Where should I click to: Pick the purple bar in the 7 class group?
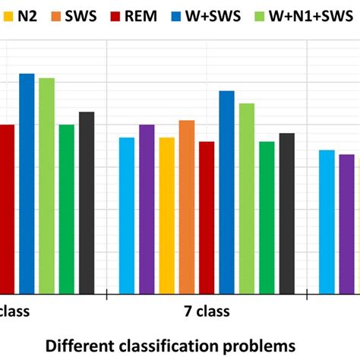tap(147, 209)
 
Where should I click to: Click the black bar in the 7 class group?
tap(286, 213)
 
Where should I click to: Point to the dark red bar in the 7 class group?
tap(207, 217)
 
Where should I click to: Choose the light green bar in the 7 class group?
tap(247, 197)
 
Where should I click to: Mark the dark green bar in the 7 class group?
tap(267, 217)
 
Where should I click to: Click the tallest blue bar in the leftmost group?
tap(27, 183)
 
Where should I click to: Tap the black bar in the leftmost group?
tap(87, 202)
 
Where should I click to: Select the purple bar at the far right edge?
tap(346, 223)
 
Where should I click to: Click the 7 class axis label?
tap(207, 311)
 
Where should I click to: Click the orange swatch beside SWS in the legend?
tap(62, 15)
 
